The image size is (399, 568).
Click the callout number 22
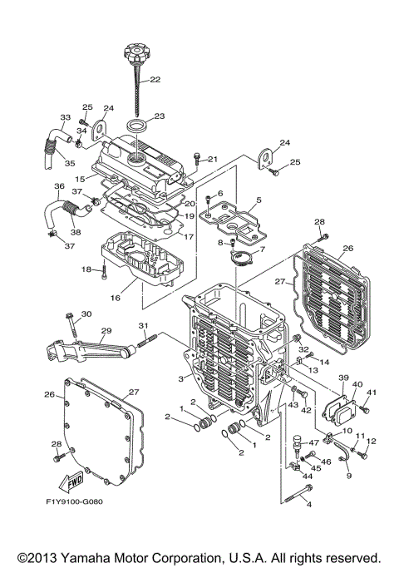click(x=155, y=81)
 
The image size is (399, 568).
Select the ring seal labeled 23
click(x=138, y=126)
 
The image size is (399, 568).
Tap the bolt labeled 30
click(x=69, y=316)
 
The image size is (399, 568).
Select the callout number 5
click(x=259, y=200)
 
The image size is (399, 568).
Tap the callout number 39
click(x=342, y=378)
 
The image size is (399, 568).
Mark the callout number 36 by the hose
click(x=59, y=185)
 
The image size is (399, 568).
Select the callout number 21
click(x=211, y=160)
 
